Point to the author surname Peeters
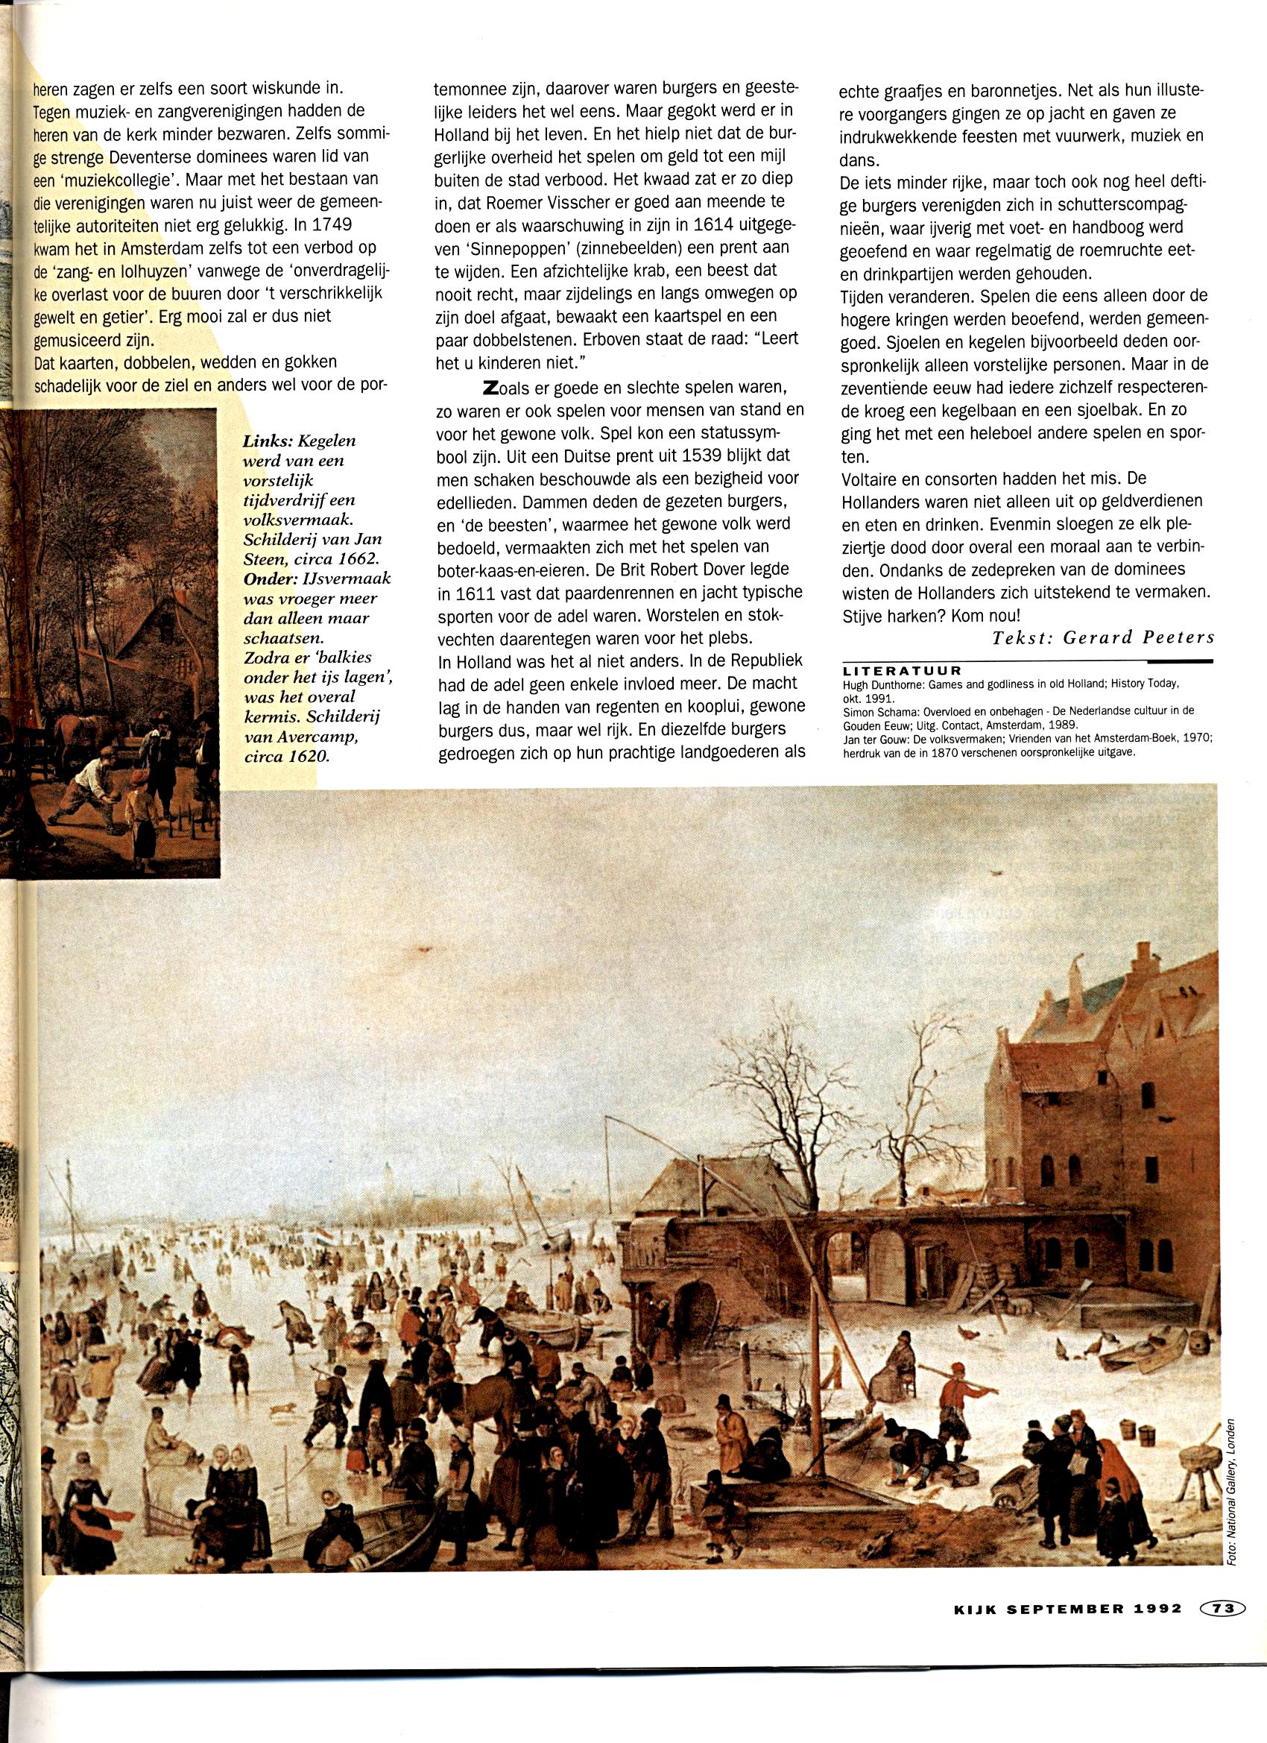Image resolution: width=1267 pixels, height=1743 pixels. (x=1176, y=637)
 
